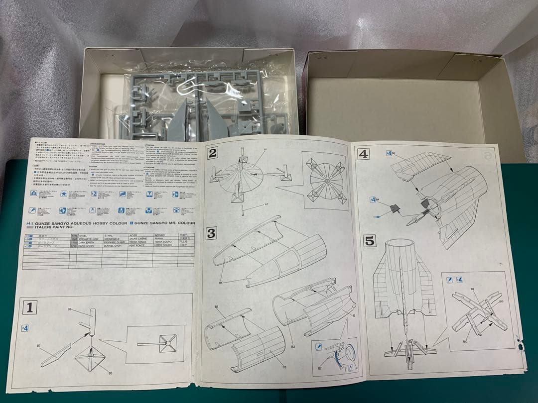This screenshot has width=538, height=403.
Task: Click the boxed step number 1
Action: coord(30,308)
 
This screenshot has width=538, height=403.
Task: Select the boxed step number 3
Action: coord(212,233)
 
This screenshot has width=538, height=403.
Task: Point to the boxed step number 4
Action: coord(364,154)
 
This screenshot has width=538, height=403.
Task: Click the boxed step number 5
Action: coord(369,241)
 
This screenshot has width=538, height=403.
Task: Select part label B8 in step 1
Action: coord(70,309)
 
